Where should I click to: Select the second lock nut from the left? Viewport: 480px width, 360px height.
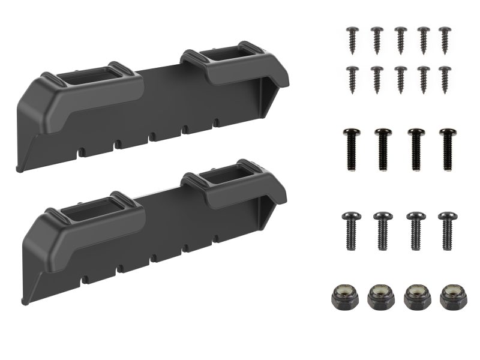click(379, 296)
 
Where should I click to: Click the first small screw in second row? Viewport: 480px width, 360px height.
click(352, 78)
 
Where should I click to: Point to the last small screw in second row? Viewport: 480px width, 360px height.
click(445, 78)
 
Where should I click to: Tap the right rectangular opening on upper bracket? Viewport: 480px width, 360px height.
click(227, 57)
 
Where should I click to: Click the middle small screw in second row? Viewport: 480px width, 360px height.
click(400, 78)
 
